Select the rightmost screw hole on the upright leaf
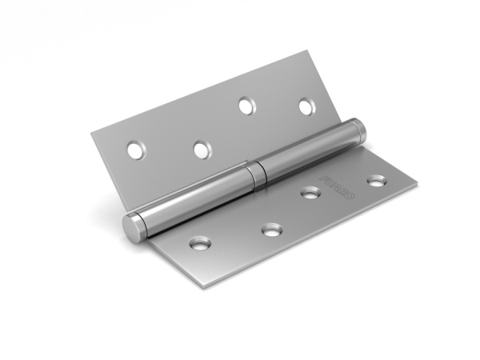306,106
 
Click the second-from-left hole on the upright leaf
202,149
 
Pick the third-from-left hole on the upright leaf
246,103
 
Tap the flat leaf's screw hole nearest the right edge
375,181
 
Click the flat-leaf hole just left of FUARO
309,192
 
